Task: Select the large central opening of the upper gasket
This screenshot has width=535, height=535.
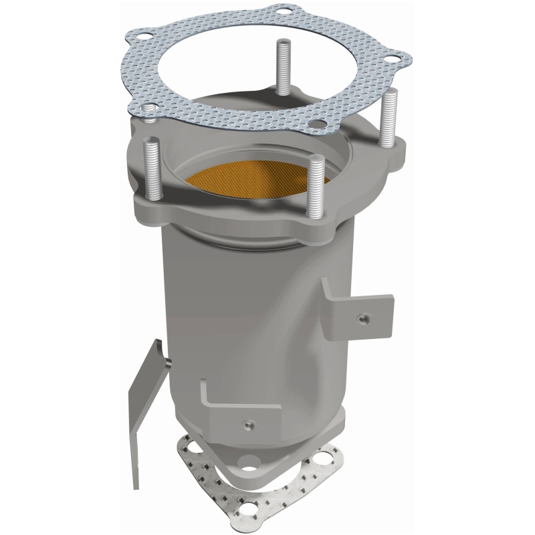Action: click(267, 60)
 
